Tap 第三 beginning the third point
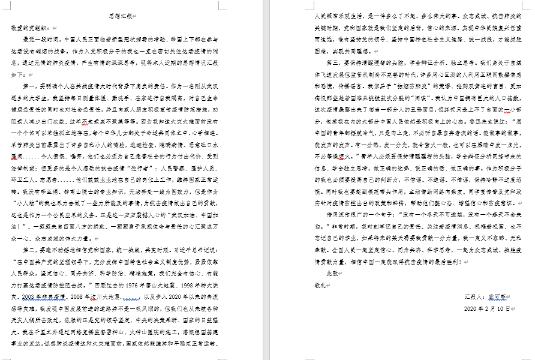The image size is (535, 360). [x=332, y=62]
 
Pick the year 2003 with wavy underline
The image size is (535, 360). [x=30, y=297]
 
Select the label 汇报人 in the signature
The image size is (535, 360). [x=473, y=296]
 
